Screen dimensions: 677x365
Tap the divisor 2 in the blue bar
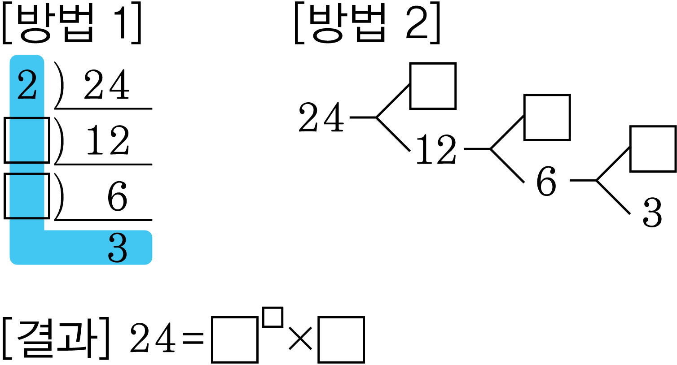(x=27, y=85)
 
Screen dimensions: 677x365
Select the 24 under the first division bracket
(x=106, y=85)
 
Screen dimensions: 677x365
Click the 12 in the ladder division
(x=108, y=140)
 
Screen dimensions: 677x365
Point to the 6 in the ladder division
(x=117, y=196)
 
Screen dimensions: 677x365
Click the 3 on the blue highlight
(x=117, y=248)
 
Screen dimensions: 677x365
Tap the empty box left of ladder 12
(x=27, y=140)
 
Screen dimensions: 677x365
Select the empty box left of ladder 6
(x=27, y=196)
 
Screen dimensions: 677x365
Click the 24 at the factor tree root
(x=321, y=117)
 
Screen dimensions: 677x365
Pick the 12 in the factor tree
(x=436, y=149)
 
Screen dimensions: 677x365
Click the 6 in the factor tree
(x=546, y=181)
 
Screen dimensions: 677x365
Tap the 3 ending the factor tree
(x=652, y=213)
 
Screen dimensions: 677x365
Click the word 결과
(x=56, y=338)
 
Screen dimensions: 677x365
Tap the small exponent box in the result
(x=273, y=317)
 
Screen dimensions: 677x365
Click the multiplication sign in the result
(x=300, y=339)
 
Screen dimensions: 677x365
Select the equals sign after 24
(x=193, y=338)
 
